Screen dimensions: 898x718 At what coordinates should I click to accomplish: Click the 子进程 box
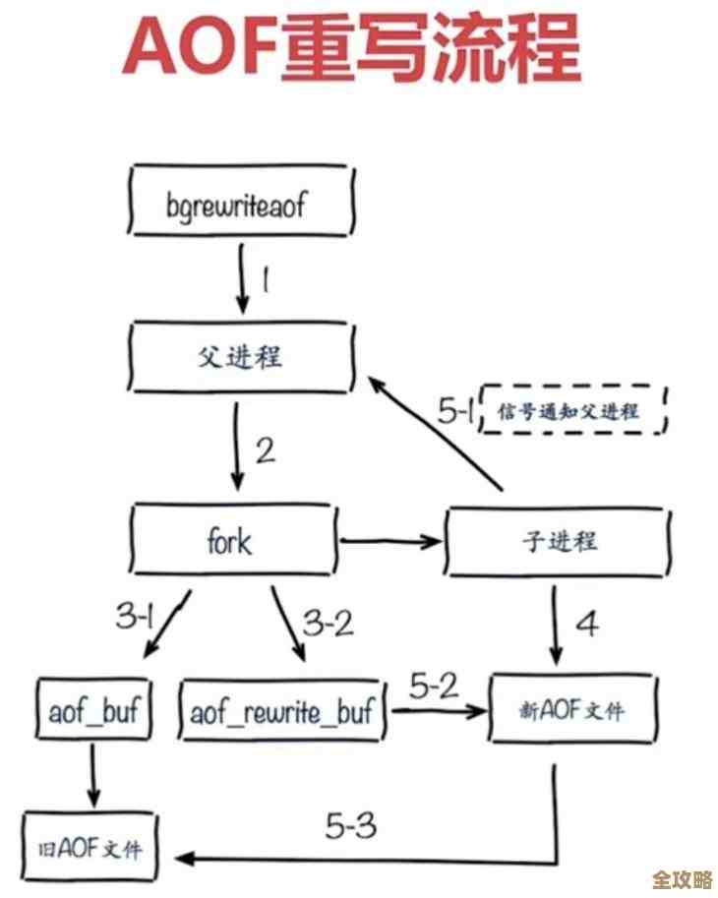point(559,540)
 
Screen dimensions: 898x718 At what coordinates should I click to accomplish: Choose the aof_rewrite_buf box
point(282,710)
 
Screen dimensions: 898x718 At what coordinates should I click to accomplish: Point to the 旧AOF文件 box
point(91,844)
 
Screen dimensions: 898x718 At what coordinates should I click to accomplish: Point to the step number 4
point(587,624)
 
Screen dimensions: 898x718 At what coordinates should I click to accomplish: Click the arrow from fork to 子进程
point(390,540)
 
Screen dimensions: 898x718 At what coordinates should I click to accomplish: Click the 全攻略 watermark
point(682,878)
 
